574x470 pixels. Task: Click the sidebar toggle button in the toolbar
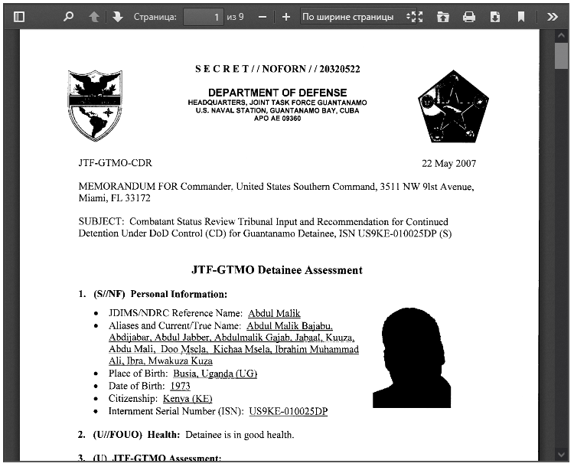pos(19,16)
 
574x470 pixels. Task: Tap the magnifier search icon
pos(69,16)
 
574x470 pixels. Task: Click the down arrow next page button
pos(117,16)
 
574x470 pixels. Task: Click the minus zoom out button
pos(263,16)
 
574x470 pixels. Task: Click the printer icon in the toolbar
pos(469,16)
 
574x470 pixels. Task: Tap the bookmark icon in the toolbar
pos(521,16)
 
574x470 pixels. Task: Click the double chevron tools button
pos(553,16)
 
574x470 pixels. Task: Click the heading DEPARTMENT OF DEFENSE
pos(277,93)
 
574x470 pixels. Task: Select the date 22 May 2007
pos(448,164)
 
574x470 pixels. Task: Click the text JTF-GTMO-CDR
pos(115,164)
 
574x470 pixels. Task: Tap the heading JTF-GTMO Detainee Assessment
pos(277,270)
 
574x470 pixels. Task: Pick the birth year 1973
pos(181,387)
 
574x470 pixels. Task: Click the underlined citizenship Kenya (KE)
pos(188,399)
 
